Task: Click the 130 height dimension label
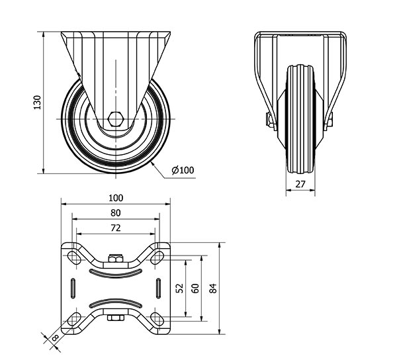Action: point(38,102)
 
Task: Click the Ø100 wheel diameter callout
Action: point(183,170)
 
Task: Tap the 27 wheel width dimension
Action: point(300,185)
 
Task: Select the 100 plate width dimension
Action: point(116,198)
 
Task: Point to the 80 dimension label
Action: point(116,212)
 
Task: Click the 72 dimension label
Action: point(116,228)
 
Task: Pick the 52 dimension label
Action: point(180,289)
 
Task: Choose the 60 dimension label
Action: point(195,289)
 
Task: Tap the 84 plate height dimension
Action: point(212,289)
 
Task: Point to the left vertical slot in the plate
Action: point(71,289)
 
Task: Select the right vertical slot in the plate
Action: point(159,289)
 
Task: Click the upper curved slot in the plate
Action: point(116,272)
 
